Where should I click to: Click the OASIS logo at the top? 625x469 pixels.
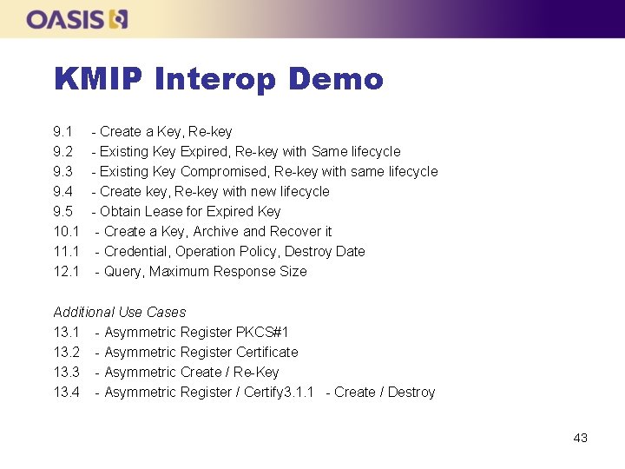tap(76, 19)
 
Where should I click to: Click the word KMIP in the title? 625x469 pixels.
tap(98, 80)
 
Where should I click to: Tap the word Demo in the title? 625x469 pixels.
tap(336, 80)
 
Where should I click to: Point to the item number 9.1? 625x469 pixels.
tap(63, 132)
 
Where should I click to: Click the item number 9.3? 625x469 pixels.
tap(63, 172)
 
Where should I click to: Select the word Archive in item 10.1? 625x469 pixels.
tap(216, 232)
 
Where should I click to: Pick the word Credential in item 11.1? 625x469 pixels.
tap(137, 252)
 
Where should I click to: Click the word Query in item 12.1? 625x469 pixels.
tap(122, 272)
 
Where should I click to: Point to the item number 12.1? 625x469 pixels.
tap(67, 272)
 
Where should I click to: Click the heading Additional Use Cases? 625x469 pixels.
tap(120, 312)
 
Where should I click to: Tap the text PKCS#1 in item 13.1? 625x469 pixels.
tap(262, 333)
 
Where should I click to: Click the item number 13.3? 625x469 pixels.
tap(67, 373)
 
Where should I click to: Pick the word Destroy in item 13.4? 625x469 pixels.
tap(411, 393)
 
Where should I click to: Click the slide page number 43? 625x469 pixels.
tap(580, 438)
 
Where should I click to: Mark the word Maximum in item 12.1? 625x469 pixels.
tap(192, 272)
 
